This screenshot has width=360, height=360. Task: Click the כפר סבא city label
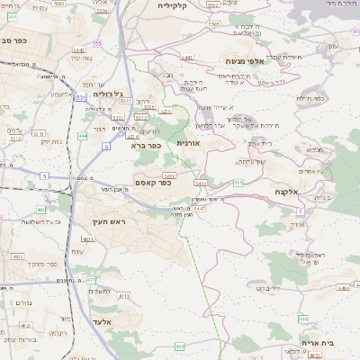[18, 40]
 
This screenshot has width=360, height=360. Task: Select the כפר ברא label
[145, 144]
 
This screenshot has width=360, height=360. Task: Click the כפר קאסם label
[151, 182]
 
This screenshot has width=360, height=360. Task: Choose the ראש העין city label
[111, 220]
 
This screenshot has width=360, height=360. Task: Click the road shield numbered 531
[80, 96]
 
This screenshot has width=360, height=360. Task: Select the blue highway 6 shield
[106, 145]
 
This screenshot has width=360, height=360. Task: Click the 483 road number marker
[40, 210]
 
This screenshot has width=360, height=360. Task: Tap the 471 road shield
[91, 281]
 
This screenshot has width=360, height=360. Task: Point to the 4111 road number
[123, 294]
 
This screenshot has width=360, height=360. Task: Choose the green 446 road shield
[303, 319]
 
